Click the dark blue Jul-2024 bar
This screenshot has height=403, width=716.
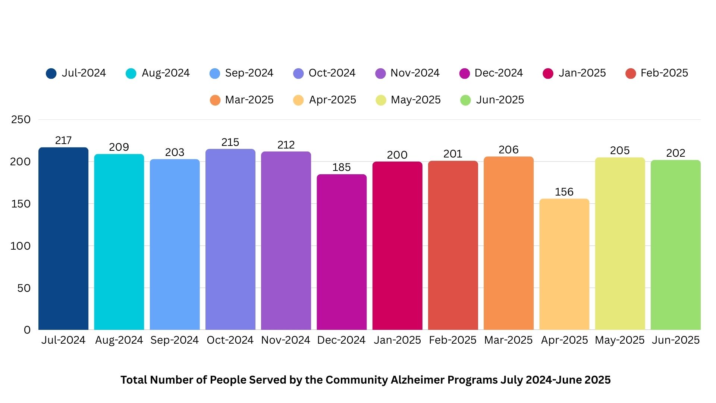coord(63,239)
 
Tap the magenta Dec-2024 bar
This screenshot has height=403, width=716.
coord(342,252)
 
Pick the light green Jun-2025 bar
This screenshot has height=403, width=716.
coord(675,245)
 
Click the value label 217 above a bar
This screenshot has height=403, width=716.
coord(63,140)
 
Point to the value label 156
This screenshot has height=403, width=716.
coord(564,192)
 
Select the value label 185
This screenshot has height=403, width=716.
coord(342,167)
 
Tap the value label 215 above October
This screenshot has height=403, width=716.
coord(230,142)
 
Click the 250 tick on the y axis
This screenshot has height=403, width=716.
coord(21,119)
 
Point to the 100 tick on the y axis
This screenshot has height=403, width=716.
coord(21,246)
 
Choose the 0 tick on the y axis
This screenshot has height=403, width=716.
coord(27,330)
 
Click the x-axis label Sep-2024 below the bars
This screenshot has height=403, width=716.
coord(175,340)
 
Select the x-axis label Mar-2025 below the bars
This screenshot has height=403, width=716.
coord(508,340)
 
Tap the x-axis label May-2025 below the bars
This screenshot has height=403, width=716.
coord(619,340)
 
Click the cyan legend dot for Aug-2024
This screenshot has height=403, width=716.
coord(131,74)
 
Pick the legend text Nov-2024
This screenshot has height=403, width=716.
coord(415,73)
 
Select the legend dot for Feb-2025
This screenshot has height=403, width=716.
coord(630,74)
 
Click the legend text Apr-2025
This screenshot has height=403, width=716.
coord(332,100)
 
